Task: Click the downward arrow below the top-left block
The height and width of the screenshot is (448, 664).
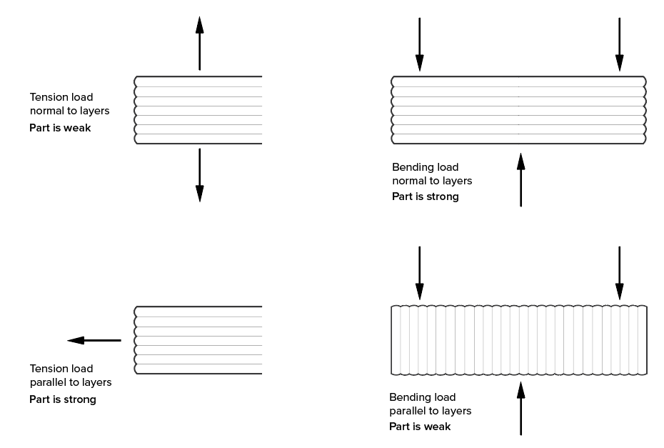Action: coord(199,175)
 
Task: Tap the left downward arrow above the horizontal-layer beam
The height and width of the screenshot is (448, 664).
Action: coord(419,44)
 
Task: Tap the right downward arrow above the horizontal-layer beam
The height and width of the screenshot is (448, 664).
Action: coord(619,44)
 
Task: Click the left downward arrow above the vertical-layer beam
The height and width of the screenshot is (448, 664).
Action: coord(419,273)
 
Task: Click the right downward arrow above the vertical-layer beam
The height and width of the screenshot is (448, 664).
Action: coord(619,273)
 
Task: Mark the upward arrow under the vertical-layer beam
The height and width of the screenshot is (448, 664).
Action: coord(520,408)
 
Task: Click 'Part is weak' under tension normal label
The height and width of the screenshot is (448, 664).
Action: coord(60,129)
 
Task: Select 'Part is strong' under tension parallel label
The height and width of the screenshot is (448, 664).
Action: coord(63,399)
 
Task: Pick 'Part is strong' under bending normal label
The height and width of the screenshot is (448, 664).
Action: coord(426,196)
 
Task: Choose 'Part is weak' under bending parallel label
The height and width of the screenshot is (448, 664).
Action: coord(420,427)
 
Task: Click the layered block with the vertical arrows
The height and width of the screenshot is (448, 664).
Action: coord(198,110)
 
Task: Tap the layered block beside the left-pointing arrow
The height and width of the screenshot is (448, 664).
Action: coord(198,340)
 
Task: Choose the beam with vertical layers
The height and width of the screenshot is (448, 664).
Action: coord(519,340)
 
